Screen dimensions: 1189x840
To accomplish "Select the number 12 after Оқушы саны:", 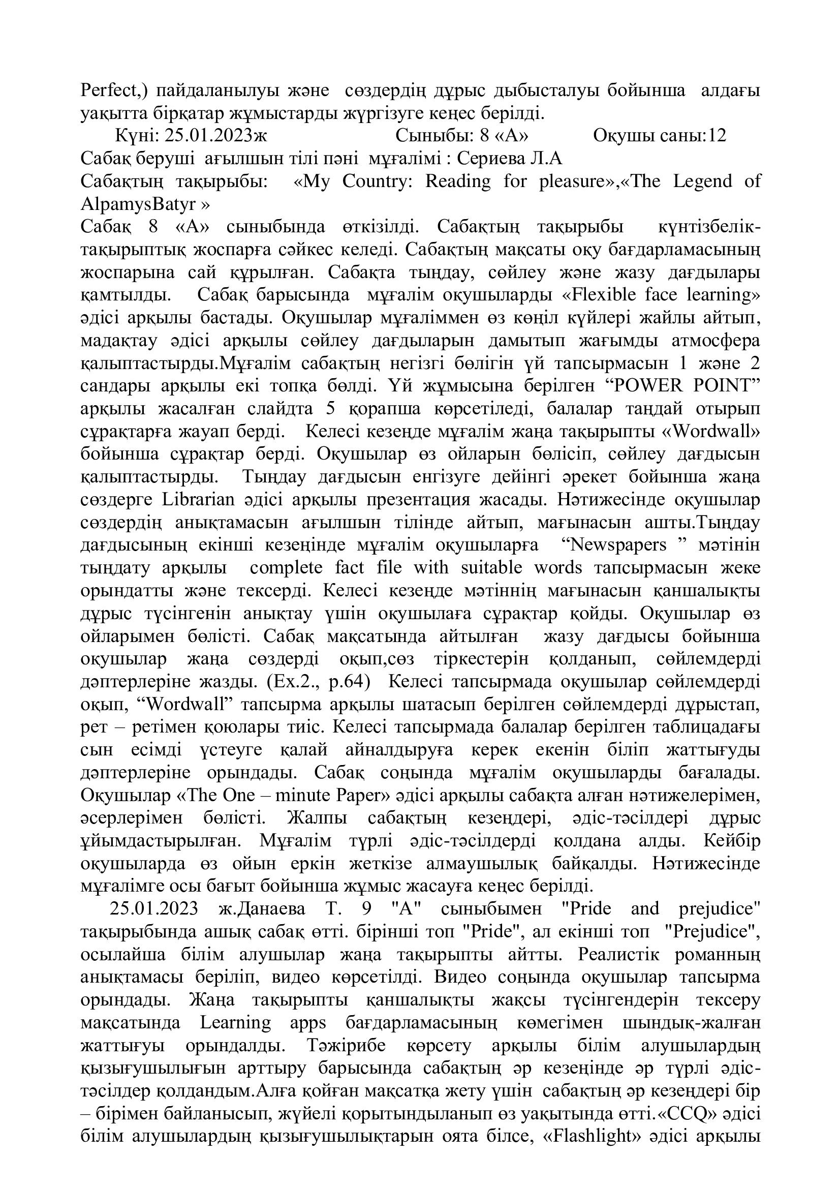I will pyautogui.click(x=718, y=136).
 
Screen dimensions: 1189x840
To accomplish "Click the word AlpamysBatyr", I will pyautogui.click(x=137, y=204).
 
